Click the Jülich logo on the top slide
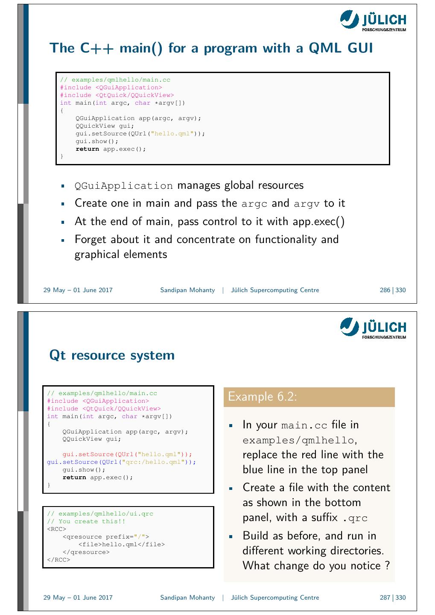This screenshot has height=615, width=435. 373,21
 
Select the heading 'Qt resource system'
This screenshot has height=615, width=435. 112,355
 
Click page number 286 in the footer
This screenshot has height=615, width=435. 385,290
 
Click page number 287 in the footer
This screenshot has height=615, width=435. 385,598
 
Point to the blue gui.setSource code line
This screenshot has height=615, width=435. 121,462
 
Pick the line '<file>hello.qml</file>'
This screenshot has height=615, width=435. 121,545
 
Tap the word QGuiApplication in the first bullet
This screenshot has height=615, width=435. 124,186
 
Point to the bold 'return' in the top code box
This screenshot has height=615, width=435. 87,149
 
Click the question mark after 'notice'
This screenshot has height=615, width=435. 387,566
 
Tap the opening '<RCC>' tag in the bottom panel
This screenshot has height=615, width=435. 56,529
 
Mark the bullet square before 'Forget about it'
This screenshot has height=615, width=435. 62,240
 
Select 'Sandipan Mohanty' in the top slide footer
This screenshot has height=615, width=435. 187,290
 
